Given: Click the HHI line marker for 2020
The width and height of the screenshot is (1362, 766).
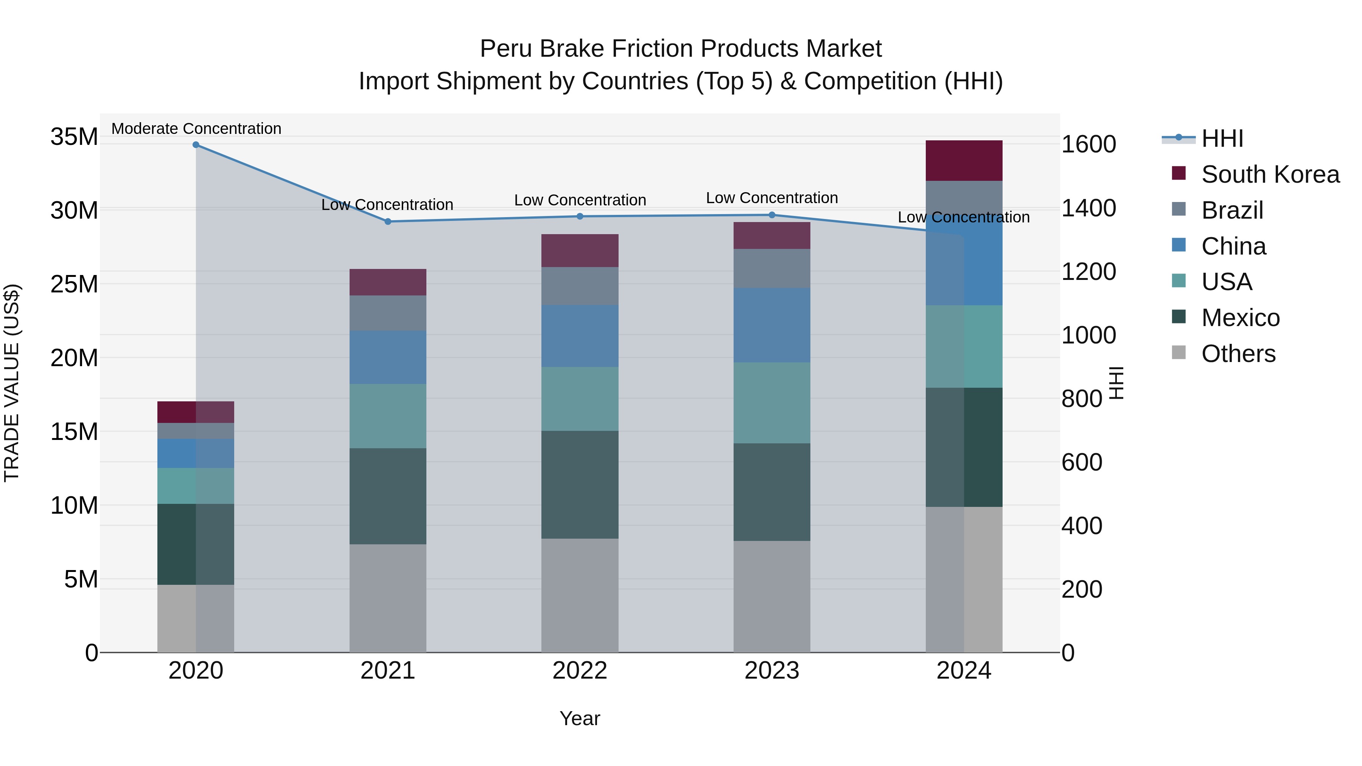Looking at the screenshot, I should point(196,145).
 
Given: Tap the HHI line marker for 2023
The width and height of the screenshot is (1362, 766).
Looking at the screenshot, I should point(771,215).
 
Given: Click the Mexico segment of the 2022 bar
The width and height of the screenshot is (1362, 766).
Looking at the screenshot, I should point(580,485).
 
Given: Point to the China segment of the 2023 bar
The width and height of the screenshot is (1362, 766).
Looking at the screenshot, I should point(771,325).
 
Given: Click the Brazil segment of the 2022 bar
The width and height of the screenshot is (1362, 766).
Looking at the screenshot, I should point(580,286).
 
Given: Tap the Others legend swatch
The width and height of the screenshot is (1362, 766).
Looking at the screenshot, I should point(1179,353).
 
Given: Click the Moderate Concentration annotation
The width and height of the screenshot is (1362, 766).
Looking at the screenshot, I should point(196,129).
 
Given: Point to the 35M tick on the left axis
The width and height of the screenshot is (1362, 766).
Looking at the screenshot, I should point(74,137).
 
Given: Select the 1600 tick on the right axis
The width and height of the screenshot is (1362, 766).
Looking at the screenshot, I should point(1088,144).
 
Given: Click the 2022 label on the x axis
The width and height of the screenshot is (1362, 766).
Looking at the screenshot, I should point(580,671).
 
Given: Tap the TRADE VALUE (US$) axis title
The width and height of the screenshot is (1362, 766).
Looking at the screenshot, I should point(12,383).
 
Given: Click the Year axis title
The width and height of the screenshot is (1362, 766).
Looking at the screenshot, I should point(580,718).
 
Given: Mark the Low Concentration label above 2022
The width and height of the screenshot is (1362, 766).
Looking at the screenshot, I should point(580,200).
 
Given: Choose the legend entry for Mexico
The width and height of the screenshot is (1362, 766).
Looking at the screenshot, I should point(1240,318).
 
